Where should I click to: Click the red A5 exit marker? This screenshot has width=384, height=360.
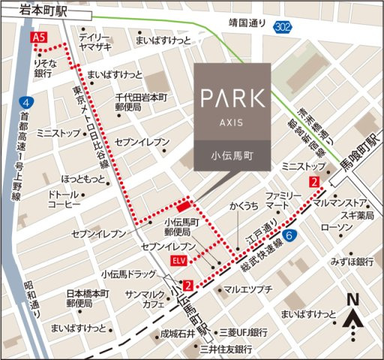click(x=37, y=36)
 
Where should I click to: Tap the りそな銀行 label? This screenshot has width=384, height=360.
click(x=42, y=70)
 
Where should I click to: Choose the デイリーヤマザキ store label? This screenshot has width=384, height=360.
click(x=94, y=40)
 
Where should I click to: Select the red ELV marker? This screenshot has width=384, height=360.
click(x=178, y=260)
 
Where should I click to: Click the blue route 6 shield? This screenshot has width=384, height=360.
click(x=290, y=235)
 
